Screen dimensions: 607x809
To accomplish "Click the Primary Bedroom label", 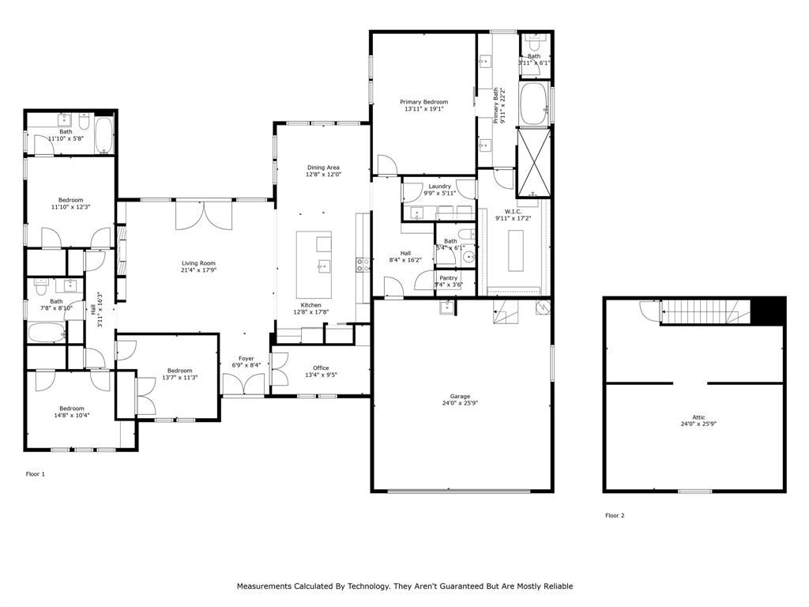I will pos(423,102).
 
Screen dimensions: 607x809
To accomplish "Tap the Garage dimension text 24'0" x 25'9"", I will pos(461,404).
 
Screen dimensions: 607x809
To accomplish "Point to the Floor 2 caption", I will pos(615,515).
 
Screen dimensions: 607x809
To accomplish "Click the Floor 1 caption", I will pos(36,474).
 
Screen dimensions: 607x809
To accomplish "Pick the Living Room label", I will pos(198,264).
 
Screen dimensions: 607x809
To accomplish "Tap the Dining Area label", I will pos(323,168).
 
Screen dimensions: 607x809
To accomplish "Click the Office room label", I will pos(321,368).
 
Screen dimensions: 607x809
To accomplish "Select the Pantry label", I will pos(448,278).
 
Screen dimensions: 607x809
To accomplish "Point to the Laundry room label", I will pos(439,187).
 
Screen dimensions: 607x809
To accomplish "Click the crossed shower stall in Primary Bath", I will pos(533,161).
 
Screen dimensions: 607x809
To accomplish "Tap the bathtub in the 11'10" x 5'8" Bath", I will pos(103,135).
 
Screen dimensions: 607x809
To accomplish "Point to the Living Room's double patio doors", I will pos(204,215).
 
